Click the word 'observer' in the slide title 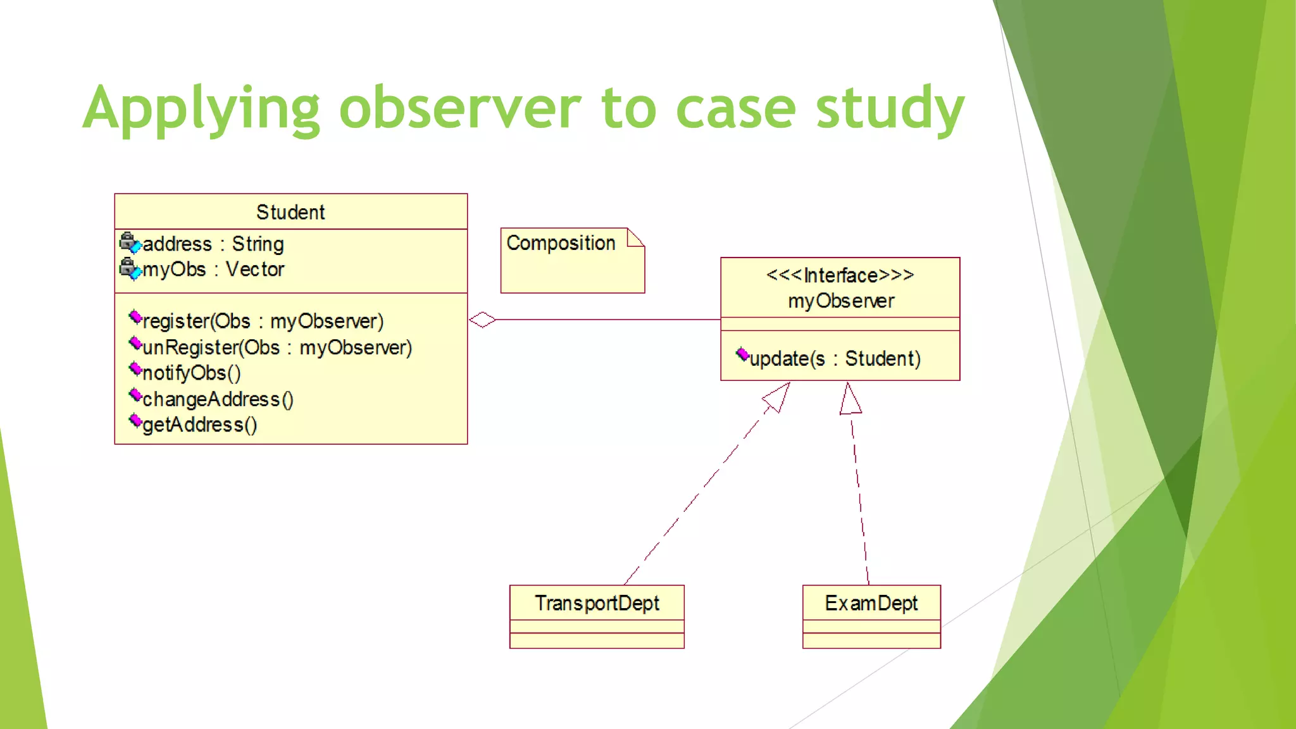point(459,109)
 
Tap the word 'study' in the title point(890,109)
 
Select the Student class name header point(290,212)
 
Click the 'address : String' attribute point(213,244)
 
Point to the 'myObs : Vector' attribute point(213,270)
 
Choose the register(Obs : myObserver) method point(263,321)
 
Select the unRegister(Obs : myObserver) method point(277,347)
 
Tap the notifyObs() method point(191,373)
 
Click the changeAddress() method point(218,399)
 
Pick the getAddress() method point(199,425)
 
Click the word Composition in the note point(561,243)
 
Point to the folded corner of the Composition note point(636,237)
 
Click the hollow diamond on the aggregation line point(482,320)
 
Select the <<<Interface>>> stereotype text point(840,275)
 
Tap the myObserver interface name point(841,301)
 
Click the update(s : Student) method point(835,359)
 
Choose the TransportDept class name point(597,603)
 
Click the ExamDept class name point(871,603)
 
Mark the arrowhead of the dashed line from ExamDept point(850,400)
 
